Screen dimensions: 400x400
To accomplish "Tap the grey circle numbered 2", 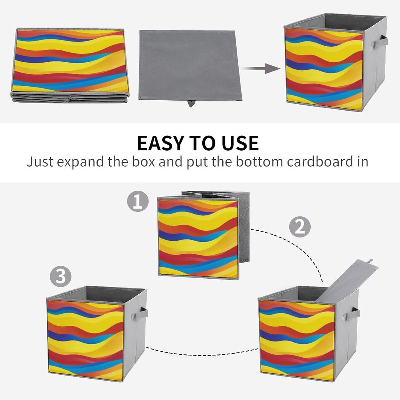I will click(x=300, y=227).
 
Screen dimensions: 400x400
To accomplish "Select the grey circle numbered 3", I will click(x=61, y=276).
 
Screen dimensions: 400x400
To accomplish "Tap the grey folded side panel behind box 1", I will click(x=244, y=235).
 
